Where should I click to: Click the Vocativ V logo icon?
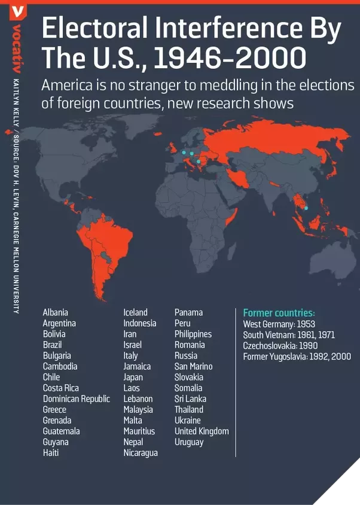pyautogui.click(x=19, y=11)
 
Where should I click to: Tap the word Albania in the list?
pyautogui.click(x=55, y=312)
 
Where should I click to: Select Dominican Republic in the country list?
pyautogui.click(x=76, y=398)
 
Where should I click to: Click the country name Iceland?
pyautogui.click(x=135, y=312)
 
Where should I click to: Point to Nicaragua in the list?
pyautogui.click(x=141, y=453)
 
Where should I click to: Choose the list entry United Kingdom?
pyautogui.click(x=202, y=431)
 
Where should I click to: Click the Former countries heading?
pyautogui.click(x=279, y=313)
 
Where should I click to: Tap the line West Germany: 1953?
pyautogui.click(x=279, y=324)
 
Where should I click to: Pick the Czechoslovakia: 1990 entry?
pyautogui.click(x=280, y=346)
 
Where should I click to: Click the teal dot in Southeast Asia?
pyautogui.click(x=306, y=208)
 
